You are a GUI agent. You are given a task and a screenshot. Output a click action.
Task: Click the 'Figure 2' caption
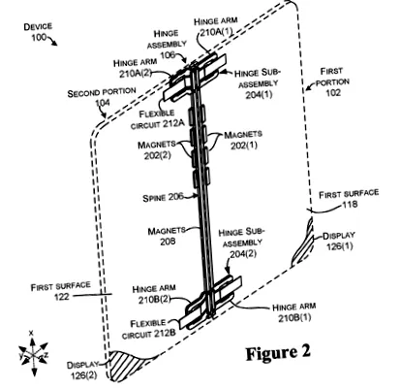click(x=278, y=353)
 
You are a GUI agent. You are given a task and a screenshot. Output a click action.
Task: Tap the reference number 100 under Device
click(x=39, y=37)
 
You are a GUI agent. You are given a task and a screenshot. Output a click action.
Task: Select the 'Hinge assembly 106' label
click(x=167, y=44)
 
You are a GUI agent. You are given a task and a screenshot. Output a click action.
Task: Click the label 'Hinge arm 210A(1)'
click(x=216, y=26)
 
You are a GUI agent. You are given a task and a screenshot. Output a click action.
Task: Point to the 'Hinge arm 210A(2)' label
click(x=136, y=68)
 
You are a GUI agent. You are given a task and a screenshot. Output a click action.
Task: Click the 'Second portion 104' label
click(x=102, y=97)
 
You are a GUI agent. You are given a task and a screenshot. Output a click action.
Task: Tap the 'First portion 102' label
click(x=332, y=81)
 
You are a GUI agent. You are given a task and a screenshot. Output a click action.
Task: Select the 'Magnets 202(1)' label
click(x=243, y=140)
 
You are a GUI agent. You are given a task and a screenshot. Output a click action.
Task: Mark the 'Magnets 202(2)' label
click(x=157, y=150)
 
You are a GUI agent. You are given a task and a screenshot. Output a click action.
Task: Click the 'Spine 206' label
click(x=163, y=197)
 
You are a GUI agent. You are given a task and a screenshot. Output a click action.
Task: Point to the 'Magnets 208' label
click(x=167, y=236)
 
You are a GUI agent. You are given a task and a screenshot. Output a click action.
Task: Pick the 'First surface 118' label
click(x=349, y=199)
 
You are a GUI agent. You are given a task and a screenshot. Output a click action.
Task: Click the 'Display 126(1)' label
click(x=339, y=241)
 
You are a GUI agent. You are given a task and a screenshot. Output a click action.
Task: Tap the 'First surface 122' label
click(x=60, y=291)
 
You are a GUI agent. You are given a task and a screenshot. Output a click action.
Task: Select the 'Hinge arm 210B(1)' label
click(x=294, y=312)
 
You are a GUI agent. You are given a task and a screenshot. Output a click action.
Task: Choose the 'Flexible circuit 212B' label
click(x=149, y=329)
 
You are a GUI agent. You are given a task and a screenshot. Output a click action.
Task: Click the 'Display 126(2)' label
click(x=83, y=371)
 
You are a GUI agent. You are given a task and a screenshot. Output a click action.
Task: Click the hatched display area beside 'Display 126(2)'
click(x=124, y=364)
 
